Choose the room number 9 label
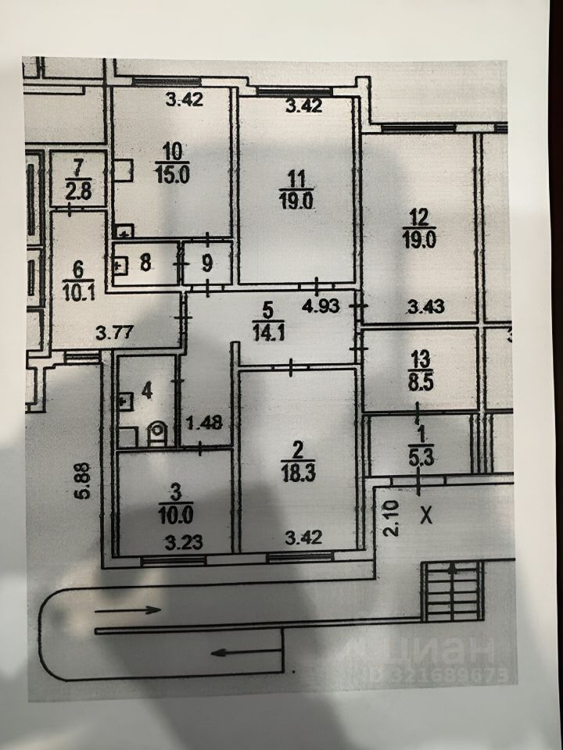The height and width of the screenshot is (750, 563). tap(206, 263)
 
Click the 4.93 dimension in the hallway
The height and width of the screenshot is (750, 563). tap(321, 305)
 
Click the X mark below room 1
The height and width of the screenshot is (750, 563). tap(426, 516)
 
